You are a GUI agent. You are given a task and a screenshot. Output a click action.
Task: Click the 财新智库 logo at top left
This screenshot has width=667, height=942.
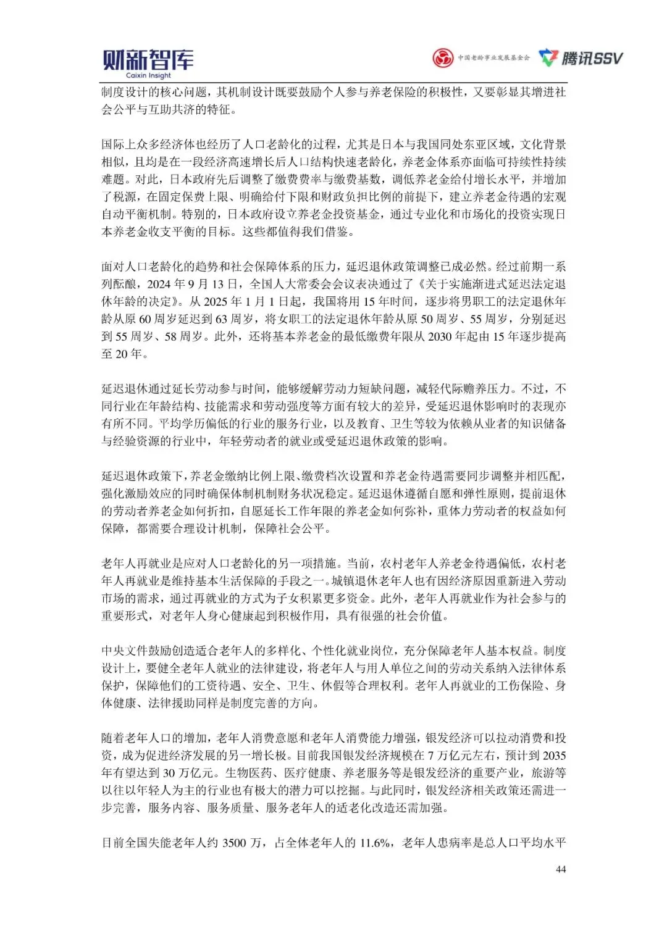point(148,60)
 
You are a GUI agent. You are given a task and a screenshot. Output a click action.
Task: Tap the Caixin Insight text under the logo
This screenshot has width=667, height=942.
point(148,76)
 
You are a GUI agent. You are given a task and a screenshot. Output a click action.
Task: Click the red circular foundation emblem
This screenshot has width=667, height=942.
point(442,58)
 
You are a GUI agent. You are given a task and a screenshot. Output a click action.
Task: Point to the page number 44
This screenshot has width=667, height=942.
point(561,869)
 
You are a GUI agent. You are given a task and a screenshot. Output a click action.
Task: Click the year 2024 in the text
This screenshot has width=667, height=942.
point(159,284)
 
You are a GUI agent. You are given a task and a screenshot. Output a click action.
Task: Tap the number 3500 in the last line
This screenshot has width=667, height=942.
point(234,843)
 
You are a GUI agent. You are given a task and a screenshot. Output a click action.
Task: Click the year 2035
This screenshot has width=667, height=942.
point(554,756)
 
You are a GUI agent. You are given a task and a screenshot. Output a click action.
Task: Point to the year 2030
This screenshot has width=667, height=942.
point(440,336)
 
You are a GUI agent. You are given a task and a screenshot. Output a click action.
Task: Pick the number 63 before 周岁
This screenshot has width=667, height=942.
point(222,319)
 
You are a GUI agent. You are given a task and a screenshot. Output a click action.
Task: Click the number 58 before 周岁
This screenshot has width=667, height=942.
point(171,336)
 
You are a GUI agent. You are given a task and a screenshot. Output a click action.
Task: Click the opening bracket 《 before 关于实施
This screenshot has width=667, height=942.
point(421,285)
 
